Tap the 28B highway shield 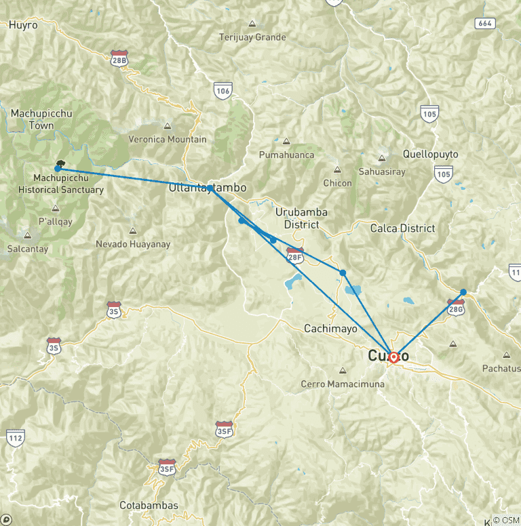[x=119, y=59]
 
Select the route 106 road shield [x=223, y=89]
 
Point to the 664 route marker [x=485, y=23]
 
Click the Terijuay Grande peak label [x=252, y=37]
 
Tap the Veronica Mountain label [x=168, y=140]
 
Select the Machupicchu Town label [x=42, y=119]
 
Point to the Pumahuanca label [x=287, y=155]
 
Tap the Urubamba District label [x=301, y=218]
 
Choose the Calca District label [x=402, y=228]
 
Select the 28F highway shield [x=294, y=255]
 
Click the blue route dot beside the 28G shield [x=463, y=292]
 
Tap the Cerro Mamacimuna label [x=343, y=384]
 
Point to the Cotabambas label [x=149, y=505]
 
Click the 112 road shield [x=16, y=437]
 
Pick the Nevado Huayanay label [x=133, y=244]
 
